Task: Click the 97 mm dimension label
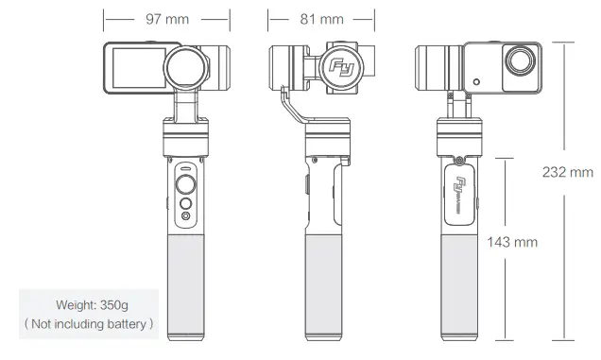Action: pos(166,18)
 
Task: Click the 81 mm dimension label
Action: pos(322,18)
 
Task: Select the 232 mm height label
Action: pos(567,172)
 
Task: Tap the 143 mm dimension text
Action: pos(511,242)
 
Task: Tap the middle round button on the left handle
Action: pos(187,203)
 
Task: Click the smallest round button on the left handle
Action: pos(187,217)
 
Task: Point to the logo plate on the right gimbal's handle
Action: pos(463,192)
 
